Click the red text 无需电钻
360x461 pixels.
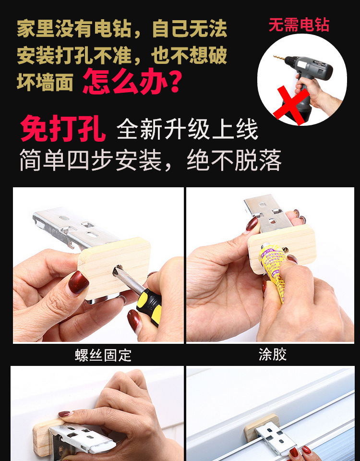point(299,25)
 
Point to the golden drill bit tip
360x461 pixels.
point(275,56)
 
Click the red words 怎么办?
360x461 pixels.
point(132,81)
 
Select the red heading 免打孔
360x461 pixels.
point(63,129)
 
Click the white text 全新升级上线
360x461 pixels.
point(187,129)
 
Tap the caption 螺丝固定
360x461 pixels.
point(103,355)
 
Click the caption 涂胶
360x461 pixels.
point(273,354)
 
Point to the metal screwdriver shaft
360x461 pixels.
point(128,279)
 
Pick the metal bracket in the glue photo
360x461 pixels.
point(268,212)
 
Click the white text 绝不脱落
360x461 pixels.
point(234,160)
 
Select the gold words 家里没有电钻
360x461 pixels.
point(73,29)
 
